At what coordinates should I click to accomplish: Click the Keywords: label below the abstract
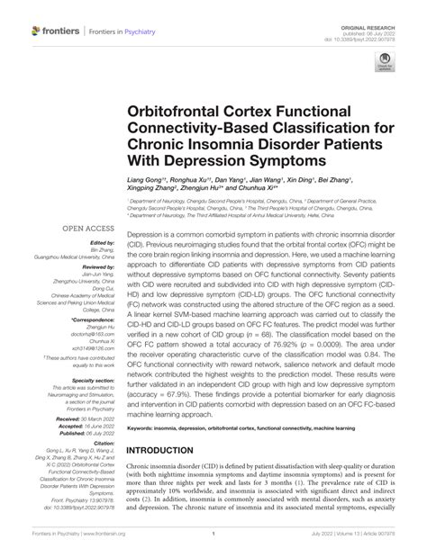tap(147, 427)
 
